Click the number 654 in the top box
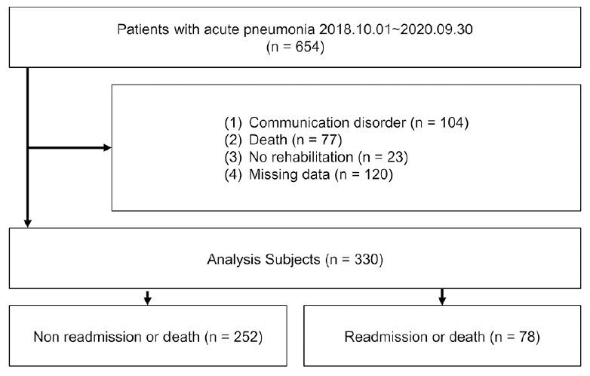[x=307, y=47]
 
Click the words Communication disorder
[x=327, y=123]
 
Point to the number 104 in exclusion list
[x=452, y=123]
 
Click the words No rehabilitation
[x=301, y=157]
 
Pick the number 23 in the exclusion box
[x=395, y=157]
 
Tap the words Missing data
[x=290, y=174]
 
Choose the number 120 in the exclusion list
[x=376, y=174]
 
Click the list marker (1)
[x=233, y=123]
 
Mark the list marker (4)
[x=233, y=174]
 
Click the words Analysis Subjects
[x=263, y=259]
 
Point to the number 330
[x=367, y=259]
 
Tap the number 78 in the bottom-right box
[x=527, y=337]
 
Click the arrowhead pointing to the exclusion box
[x=107, y=147]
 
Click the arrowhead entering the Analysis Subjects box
[x=27, y=223]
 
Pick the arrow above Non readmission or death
[x=148, y=297]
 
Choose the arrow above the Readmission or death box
[x=442, y=297]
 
